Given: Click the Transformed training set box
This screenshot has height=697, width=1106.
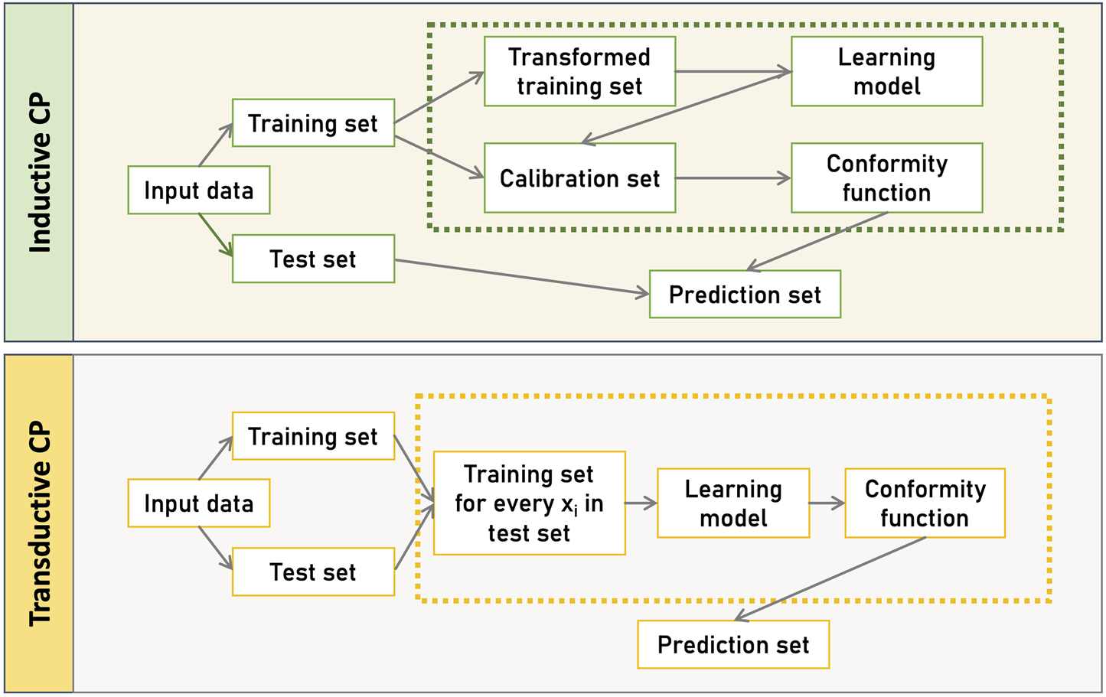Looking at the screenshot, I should pyautogui.click(x=579, y=71).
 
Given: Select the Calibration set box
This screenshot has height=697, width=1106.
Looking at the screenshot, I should pyautogui.click(x=579, y=178).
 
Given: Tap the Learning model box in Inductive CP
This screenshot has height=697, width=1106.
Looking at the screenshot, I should pyautogui.click(x=886, y=71).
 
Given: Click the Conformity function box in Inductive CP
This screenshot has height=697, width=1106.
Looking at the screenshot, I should pyautogui.click(x=886, y=178).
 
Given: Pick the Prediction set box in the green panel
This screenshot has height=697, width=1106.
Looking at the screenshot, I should pyautogui.click(x=745, y=294).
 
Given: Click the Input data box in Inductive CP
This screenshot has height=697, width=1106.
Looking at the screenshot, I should pyautogui.click(x=198, y=190).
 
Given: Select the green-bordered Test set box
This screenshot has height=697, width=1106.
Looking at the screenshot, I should pyautogui.click(x=313, y=259).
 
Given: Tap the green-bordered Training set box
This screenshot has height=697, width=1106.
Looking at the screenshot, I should pyautogui.click(x=313, y=122).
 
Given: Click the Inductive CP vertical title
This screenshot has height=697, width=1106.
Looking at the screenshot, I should pyautogui.click(x=39, y=173).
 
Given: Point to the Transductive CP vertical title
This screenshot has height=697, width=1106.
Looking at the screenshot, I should pyautogui.click(x=39, y=523).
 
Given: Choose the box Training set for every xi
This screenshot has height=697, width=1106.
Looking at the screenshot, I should pyautogui.click(x=529, y=503).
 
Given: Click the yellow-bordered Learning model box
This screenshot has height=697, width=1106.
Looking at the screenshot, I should pyautogui.click(x=732, y=503).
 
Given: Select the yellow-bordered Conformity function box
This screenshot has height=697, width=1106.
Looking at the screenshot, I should pyautogui.click(x=925, y=503).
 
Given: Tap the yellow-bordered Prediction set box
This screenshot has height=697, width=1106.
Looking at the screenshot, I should pyautogui.click(x=732, y=644).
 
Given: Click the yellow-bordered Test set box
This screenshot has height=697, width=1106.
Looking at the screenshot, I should pyautogui.click(x=313, y=572).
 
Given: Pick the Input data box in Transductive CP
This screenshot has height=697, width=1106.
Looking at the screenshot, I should pyautogui.click(x=198, y=503).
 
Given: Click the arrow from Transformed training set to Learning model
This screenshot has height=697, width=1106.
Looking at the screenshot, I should pyautogui.click(x=732, y=72).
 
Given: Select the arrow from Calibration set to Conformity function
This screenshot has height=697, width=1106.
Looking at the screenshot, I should pyautogui.click(x=732, y=178).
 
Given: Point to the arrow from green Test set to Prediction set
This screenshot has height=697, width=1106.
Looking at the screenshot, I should pyautogui.click(x=520, y=276).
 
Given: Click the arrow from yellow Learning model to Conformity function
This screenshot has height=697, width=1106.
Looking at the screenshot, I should pyautogui.click(x=827, y=503).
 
